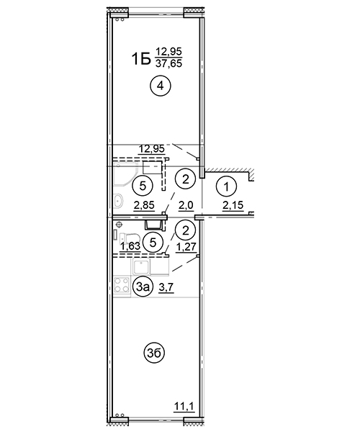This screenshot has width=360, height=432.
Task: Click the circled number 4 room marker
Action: click(x=161, y=86)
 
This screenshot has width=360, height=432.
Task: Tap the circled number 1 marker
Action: click(x=226, y=187)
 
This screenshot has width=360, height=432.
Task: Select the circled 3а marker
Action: click(x=143, y=287)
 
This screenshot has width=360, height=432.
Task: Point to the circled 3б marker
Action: click(x=154, y=354)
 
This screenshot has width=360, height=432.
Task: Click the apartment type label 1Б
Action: click(x=141, y=59)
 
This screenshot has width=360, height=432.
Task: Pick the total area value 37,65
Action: click(x=169, y=64)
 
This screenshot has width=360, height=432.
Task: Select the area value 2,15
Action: click(x=233, y=205)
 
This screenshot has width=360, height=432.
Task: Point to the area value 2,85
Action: click(x=144, y=205)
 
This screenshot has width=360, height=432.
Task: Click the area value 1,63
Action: click(x=130, y=246)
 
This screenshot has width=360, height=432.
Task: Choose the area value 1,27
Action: click(x=186, y=246)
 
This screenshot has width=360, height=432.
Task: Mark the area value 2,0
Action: click(x=186, y=205)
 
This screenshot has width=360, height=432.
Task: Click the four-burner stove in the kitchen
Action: click(x=122, y=284)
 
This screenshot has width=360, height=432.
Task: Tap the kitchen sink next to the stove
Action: click(x=142, y=266)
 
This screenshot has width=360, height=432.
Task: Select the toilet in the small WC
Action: click(x=130, y=238)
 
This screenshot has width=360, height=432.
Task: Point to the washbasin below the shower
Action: click(x=118, y=201)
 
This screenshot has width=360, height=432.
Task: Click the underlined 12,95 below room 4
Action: click(x=151, y=149)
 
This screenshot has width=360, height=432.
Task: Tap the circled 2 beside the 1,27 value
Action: click(x=186, y=230)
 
